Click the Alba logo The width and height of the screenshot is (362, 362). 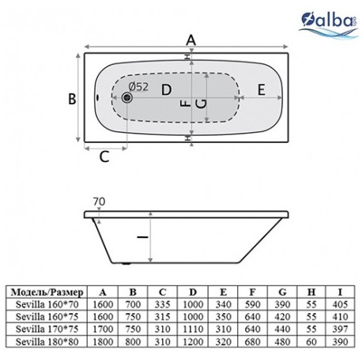click(329, 25)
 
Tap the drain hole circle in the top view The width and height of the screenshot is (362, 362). click(127, 97)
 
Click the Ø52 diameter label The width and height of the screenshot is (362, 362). click(139, 86)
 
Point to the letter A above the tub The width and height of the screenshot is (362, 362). click(191, 40)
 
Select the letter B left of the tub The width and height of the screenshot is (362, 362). click(72, 99)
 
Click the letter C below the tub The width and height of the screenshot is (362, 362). click(104, 157)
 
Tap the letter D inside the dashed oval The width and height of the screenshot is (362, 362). click(166, 90)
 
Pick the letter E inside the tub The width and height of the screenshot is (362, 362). click(261, 89)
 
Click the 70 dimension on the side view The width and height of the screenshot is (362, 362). click(99, 202)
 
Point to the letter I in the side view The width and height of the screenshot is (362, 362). click(143, 237)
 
